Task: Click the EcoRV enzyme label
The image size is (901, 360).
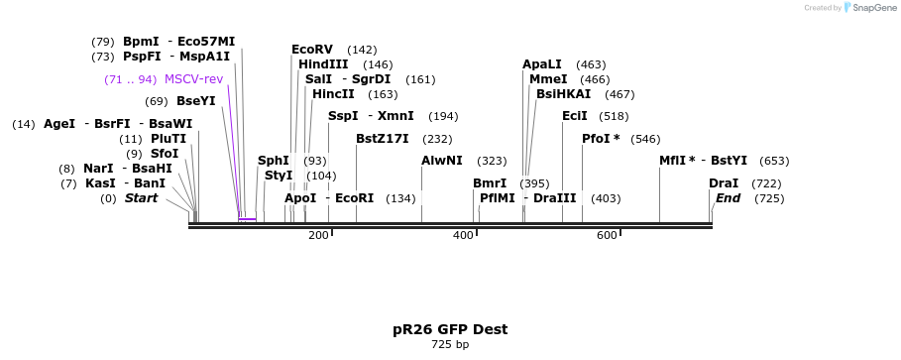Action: coord(312,50)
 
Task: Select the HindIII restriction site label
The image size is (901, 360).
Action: coord(323,64)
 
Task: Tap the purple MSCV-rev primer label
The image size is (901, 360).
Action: coord(193,79)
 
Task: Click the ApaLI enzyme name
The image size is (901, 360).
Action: coord(542,64)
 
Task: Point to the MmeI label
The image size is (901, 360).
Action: coord(548,79)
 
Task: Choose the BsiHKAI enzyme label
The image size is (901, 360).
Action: coord(563,94)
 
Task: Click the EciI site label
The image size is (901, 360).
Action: coord(575,116)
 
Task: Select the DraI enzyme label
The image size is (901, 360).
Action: coord(724,183)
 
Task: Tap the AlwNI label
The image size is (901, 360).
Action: coord(441,161)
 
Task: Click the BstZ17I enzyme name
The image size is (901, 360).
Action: coord(383,139)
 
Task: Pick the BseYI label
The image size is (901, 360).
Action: coord(195,101)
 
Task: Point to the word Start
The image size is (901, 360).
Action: coord(141,198)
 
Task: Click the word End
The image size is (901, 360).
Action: coord(728,198)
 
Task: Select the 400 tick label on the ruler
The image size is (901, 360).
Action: coord(463,235)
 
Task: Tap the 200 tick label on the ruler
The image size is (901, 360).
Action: coord(318,235)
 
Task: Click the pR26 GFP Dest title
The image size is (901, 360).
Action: coord(450,329)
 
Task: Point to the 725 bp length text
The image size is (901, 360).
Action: coord(450,345)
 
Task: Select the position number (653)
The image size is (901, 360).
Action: coord(774,161)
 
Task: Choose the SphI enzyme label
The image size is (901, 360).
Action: coord(274,161)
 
